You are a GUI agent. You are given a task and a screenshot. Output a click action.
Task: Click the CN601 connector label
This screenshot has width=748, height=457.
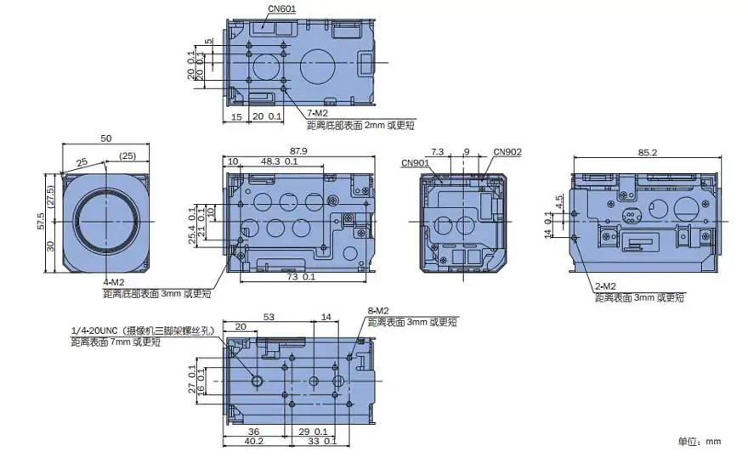(281, 8)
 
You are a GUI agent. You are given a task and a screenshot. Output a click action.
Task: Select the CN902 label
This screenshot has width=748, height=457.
(507, 152)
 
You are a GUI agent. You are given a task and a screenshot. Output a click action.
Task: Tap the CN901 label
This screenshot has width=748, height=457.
(415, 163)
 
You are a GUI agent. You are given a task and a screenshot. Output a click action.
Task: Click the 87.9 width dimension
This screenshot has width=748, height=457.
(298, 151)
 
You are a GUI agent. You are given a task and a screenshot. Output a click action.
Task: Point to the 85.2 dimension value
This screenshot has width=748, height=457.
(648, 153)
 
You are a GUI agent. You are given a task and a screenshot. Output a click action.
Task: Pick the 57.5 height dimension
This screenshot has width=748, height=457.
(41, 222)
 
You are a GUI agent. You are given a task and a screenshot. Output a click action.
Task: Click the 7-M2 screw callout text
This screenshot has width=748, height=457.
(317, 114)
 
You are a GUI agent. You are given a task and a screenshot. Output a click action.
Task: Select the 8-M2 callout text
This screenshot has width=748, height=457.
(378, 311)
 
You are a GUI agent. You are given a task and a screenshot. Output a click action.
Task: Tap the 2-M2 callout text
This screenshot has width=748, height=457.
(605, 286)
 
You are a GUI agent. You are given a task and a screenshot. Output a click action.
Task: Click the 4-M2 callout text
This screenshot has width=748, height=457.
(114, 283)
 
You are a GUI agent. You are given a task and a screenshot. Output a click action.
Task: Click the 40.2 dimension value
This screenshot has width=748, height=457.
(253, 441)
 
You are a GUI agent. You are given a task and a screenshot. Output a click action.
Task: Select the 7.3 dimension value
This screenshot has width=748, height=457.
(437, 152)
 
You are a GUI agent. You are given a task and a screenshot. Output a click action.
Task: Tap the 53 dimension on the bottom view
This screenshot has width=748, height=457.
(269, 317)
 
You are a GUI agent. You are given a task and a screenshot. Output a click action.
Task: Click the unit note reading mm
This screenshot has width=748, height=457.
(713, 442)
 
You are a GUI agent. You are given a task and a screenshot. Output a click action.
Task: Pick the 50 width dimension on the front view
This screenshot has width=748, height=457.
(106, 138)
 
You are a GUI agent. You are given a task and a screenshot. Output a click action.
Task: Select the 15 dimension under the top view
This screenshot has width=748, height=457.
(236, 116)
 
